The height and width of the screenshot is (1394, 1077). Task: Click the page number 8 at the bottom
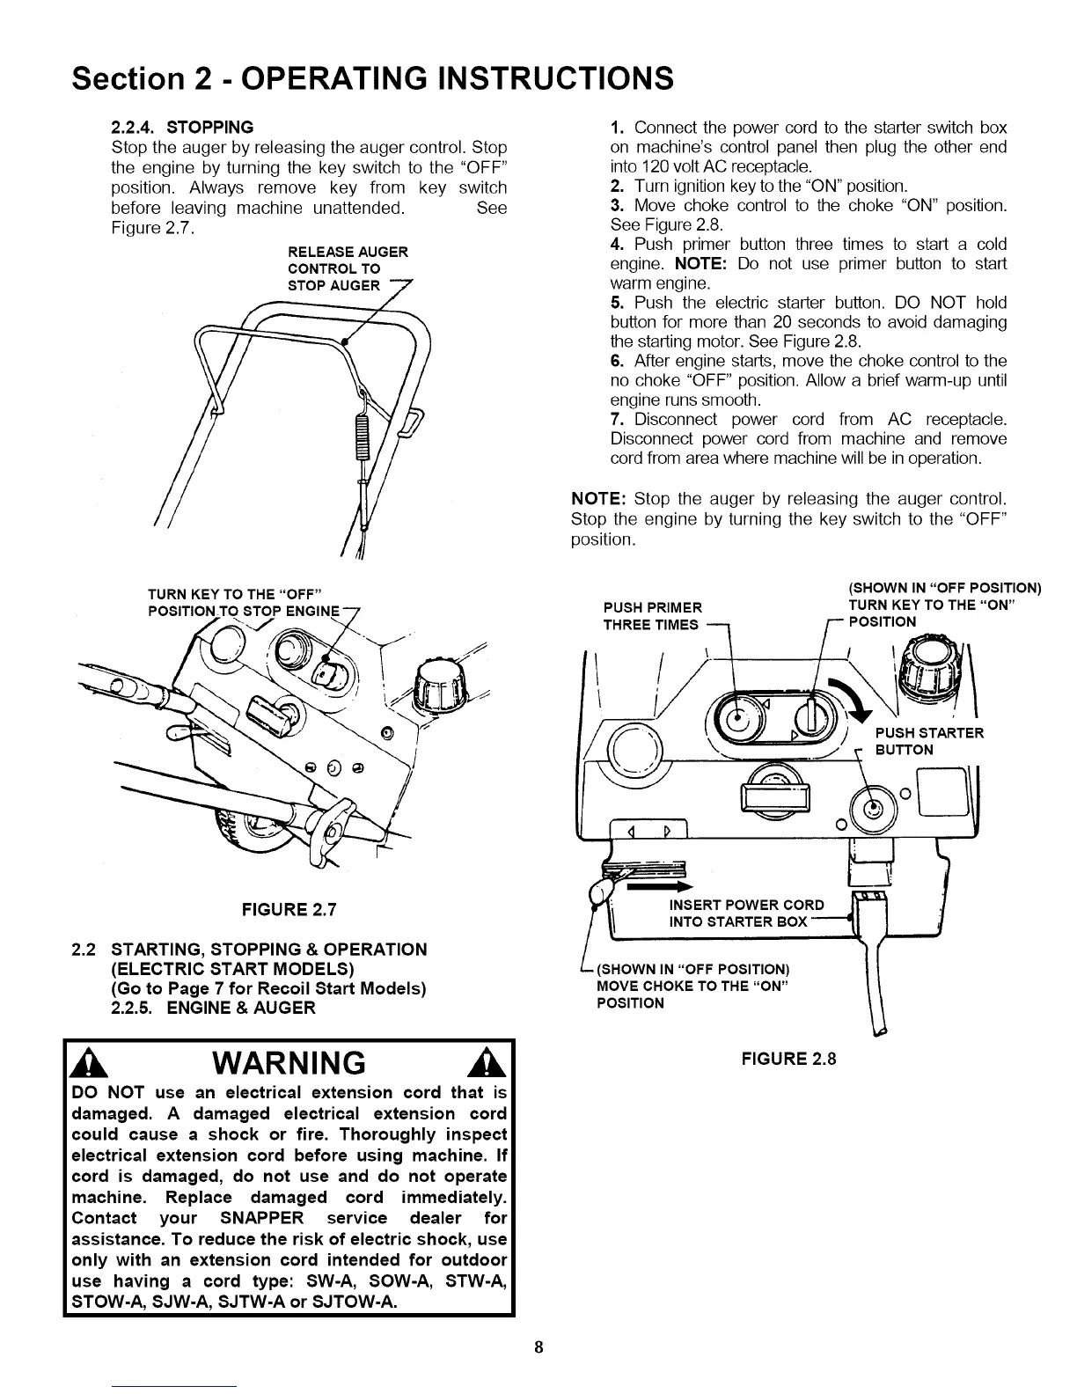(x=538, y=1347)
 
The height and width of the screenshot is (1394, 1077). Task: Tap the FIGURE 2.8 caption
(x=788, y=1059)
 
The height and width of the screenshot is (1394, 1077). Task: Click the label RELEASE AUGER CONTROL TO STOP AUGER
(x=348, y=268)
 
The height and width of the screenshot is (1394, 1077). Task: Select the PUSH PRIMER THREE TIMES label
(x=653, y=616)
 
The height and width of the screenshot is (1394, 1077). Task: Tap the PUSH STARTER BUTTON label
(x=928, y=741)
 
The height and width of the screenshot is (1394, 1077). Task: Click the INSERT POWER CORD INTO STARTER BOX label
(x=746, y=913)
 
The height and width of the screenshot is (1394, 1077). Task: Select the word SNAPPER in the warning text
(x=261, y=1218)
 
